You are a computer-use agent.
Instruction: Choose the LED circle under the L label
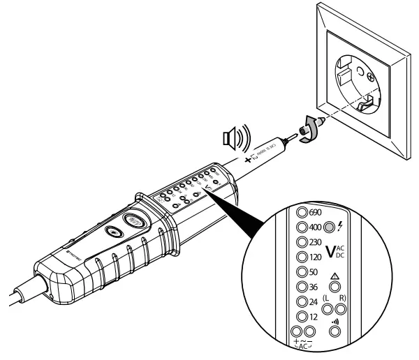[326, 309]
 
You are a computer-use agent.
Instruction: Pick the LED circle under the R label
[344, 309]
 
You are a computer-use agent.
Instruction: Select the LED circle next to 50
[303, 271]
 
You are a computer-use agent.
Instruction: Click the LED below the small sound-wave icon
[335, 333]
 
